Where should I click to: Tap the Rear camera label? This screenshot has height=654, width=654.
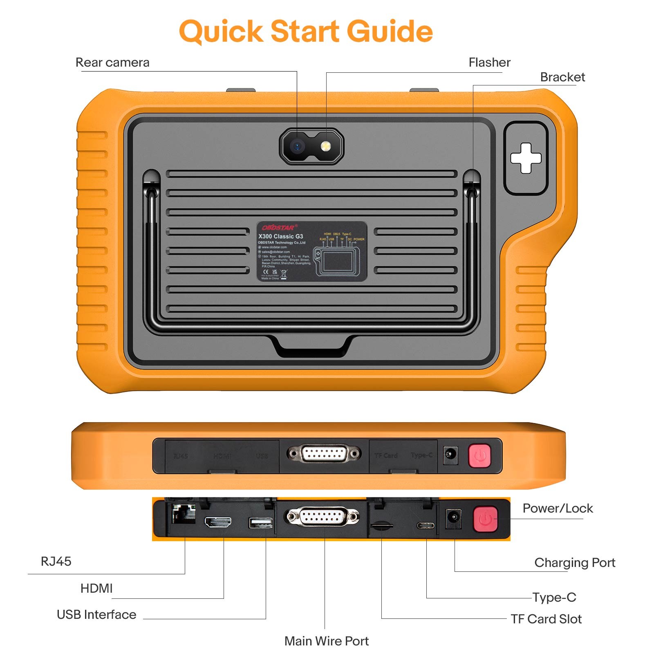tap(112, 63)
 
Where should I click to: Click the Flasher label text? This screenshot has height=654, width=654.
tap(489, 63)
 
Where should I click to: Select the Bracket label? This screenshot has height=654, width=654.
tap(562, 77)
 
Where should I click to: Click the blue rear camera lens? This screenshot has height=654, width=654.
tap(297, 146)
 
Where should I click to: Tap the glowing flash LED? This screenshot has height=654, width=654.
tap(326, 146)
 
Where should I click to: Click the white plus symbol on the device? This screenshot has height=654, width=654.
tap(526, 158)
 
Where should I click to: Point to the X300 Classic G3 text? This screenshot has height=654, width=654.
tap(280, 236)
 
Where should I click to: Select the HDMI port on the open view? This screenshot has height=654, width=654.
tap(218, 522)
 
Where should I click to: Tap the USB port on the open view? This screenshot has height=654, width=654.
tap(261, 523)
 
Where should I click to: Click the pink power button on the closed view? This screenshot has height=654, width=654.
tap(479, 455)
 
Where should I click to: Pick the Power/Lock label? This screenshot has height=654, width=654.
tap(558, 508)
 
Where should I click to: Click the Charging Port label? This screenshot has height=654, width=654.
tap(574, 563)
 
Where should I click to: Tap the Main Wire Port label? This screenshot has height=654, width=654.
tap(326, 641)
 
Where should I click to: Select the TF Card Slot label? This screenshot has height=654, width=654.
tap(546, 619)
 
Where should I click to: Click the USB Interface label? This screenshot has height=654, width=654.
tap(96, 615)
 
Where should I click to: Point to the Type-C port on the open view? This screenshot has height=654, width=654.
tap(426, 525)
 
